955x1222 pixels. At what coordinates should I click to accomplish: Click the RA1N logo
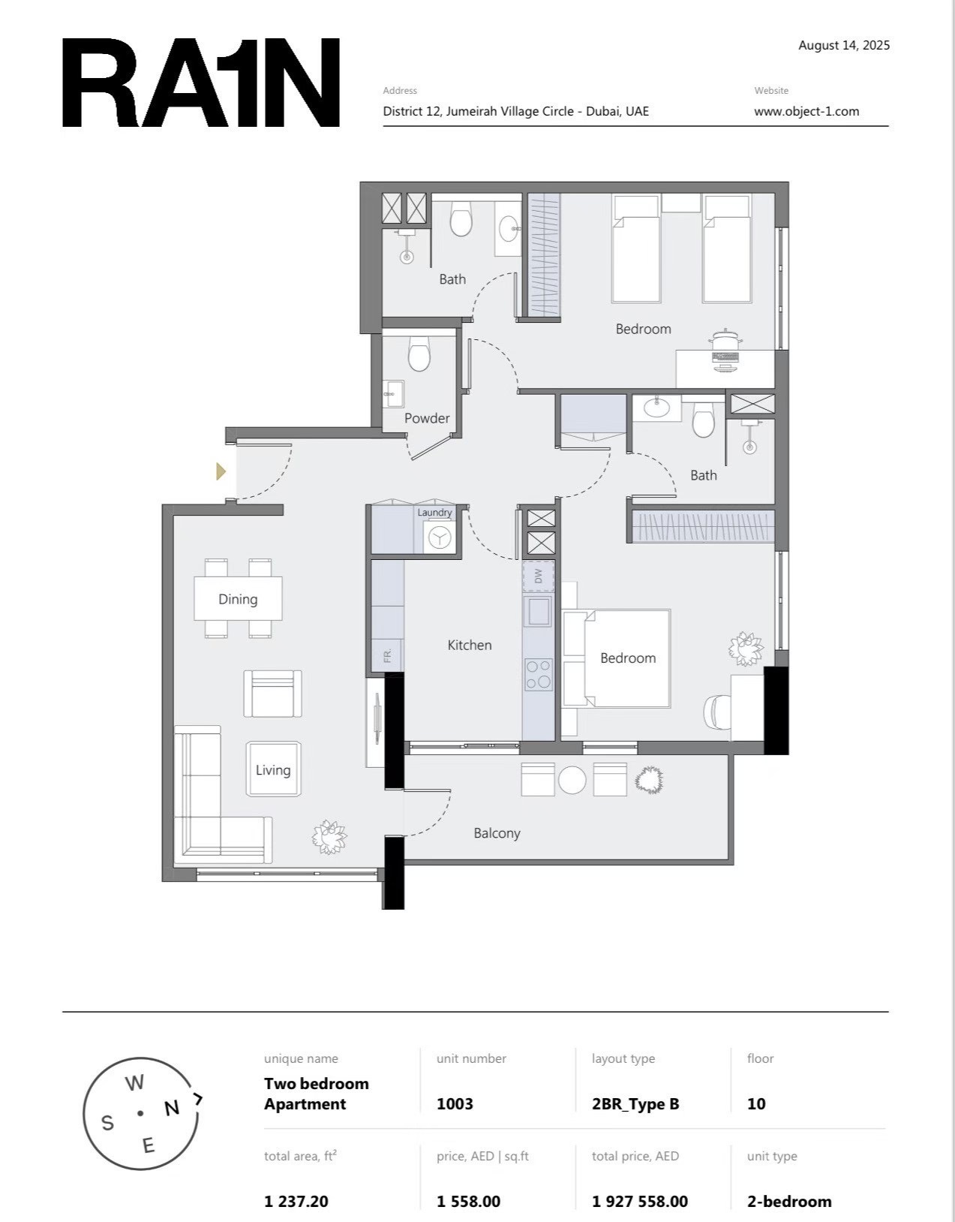tap(200, 83)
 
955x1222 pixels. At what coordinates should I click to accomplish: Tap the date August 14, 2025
tap(844, 46)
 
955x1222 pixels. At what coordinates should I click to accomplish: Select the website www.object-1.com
tap(806, 111)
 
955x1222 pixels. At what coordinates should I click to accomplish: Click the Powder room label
tap(427, 418)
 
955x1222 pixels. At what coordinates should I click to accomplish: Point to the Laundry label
tap(434, 513)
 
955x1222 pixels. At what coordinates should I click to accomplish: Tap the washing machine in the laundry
tap(439, 537)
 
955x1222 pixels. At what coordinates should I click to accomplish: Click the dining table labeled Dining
tap(239, 599)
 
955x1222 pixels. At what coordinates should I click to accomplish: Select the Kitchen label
tap(470, 645)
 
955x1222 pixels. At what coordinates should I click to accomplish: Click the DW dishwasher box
tap(538, 576)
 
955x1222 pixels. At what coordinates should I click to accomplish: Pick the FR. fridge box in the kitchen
tap(387, 655)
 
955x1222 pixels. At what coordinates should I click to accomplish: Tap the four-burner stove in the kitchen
tap(538, 675)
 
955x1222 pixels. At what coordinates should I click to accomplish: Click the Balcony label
tap(497, 833)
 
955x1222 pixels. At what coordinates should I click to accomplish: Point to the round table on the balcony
tap(572, 780)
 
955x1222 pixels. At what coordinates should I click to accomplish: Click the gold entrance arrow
tap(221, 471)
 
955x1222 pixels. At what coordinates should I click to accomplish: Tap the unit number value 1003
tap(455, 1103)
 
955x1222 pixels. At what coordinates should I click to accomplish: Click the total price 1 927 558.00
tap(639, 1201)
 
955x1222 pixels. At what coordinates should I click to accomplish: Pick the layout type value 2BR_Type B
tap(635, 1104)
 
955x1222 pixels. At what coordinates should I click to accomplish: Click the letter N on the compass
tap(172, 1109)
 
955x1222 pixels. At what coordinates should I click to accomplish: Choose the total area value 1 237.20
tap(296, 1201)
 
